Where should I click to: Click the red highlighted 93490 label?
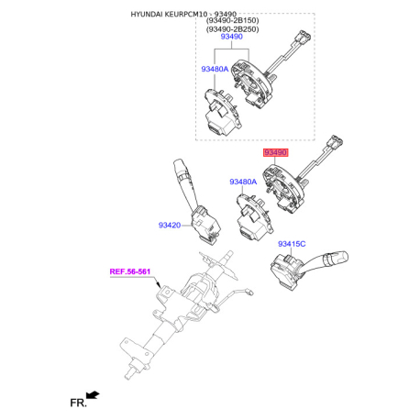(276, 152)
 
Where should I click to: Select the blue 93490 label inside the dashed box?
(232, 37)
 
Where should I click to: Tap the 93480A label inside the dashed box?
(215, 69)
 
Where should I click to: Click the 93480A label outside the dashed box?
(243, 182)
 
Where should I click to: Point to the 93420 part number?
(170, 226)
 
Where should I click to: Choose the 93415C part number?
(292, 244)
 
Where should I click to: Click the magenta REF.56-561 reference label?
(130, 271)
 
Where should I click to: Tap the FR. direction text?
(79, 403)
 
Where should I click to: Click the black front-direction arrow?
(93, 394)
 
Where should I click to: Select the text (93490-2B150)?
(232, 20)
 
